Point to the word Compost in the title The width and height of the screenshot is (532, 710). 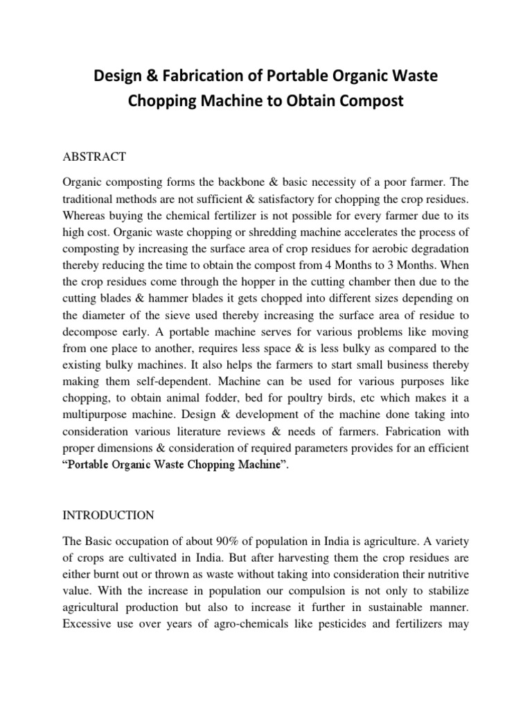pyautogui.click(x=369, y=101)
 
